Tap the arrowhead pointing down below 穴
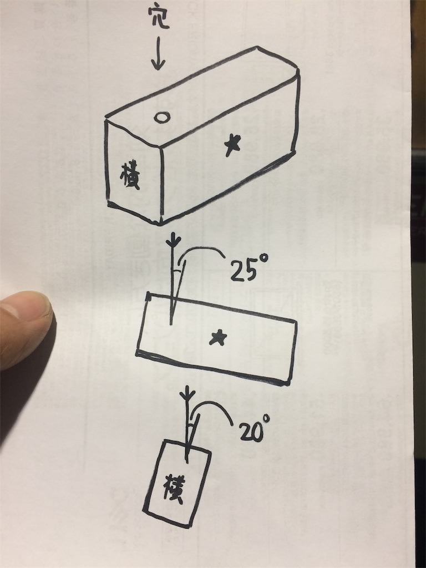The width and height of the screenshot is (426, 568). [158, 64]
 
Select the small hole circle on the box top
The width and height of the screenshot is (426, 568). [162, 117]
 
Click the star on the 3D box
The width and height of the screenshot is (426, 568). [232, 145]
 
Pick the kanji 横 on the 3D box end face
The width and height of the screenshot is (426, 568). [130, 176]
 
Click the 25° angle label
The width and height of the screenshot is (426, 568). [249, 268]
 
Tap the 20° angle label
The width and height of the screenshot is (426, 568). [255, 429]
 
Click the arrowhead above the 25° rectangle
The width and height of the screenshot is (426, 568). [175, 239]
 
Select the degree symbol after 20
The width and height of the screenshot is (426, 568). [266, 419]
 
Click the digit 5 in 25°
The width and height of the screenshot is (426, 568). [250, 270]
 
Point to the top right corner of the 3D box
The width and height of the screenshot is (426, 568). [298, 70]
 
